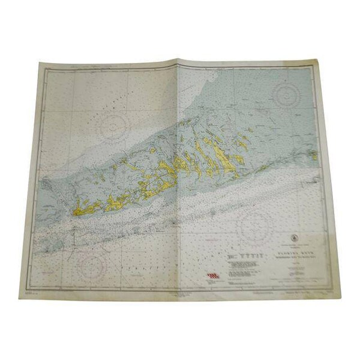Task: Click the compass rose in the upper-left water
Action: coord(115,125)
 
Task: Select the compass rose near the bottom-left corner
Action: coord(91,265)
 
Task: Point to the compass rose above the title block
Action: coord(254,227)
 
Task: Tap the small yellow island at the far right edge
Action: coord(313,155)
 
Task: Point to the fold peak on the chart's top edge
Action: coord(179,59)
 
